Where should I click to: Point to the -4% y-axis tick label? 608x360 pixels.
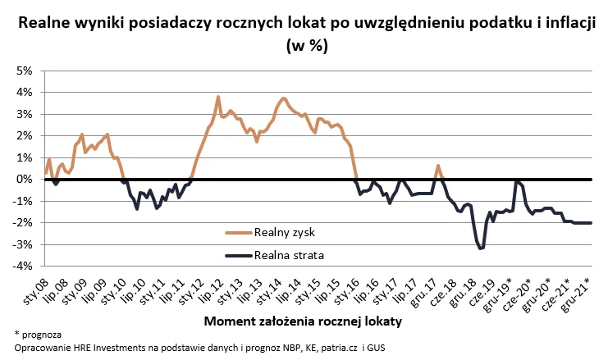[21, 266]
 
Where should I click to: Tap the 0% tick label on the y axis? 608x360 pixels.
[22, 179]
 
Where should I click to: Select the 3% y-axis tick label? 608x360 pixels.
[22, 114]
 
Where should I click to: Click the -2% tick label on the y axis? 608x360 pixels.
[21, 222]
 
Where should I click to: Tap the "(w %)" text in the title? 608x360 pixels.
[305, 46]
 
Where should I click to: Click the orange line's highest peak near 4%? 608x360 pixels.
[218, 97]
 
